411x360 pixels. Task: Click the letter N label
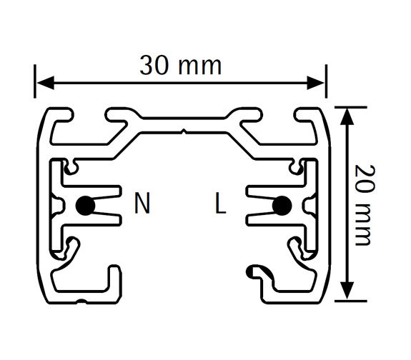142,203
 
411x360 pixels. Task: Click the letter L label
220,203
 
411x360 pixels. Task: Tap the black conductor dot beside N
86,206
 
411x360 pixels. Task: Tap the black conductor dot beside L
282,206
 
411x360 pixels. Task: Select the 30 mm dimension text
181,66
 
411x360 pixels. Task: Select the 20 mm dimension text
365,205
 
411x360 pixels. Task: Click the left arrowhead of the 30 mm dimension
46,83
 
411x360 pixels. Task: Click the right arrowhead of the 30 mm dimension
316,83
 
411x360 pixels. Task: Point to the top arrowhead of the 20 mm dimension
347,116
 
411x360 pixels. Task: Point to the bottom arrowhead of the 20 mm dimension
347,291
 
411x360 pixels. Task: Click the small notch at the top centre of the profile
184,131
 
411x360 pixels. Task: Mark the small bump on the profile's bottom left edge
82,301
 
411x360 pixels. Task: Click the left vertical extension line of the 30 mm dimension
35,81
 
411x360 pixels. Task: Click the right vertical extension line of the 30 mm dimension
326,81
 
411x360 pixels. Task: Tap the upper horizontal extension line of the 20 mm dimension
351,107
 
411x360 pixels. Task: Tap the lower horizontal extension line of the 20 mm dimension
351,301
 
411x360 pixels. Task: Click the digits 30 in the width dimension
154,66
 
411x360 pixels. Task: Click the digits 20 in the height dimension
365,179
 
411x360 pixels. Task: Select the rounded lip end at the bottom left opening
114,270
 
